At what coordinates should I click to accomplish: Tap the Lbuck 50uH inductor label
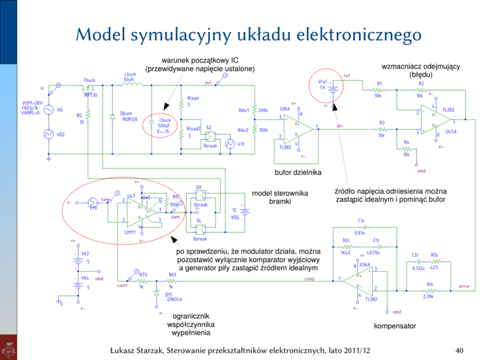click(131, 76)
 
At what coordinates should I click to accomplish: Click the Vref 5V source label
click(324, 85)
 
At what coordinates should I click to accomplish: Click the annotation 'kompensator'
click(395, 326)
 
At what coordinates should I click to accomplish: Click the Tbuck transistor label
click(90, 80)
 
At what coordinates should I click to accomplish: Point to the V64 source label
click(84, 277)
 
